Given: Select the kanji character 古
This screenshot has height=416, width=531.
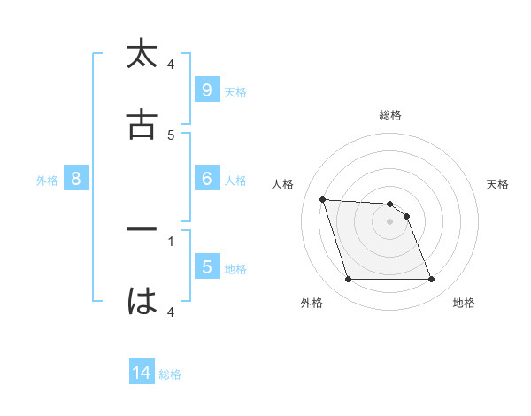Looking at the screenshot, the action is [x=142, y=125].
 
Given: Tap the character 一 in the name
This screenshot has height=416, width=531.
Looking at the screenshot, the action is [x=142, y=230].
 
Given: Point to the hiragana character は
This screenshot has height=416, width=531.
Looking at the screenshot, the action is [x=142, y=301].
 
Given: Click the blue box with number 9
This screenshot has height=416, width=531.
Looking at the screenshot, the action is [x=206, y=89].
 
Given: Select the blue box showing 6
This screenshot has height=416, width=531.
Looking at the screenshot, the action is [x=206, y=178].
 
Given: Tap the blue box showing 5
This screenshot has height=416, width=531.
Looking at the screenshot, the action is [x=206, y=266].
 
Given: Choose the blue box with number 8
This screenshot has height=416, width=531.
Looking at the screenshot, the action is [x=76, y=178].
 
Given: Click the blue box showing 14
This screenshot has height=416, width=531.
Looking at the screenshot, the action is [x=141, y=373].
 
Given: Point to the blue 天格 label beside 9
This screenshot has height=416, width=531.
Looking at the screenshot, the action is [x=235, y=92].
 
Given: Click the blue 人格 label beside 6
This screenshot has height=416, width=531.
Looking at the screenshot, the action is [x=235, y=181].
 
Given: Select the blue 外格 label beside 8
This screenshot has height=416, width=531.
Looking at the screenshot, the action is [x=47, y=181].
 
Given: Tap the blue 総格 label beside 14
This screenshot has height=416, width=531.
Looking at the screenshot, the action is [x=170, y=375].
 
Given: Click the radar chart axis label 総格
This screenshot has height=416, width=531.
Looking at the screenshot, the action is [x=390, y=115].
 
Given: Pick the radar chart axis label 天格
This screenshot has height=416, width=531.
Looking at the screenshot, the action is [x=498, y=184].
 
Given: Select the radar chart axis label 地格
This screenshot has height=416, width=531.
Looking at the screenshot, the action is [x=464, y=303].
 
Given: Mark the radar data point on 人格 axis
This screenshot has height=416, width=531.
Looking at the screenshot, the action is [x=323, y=199].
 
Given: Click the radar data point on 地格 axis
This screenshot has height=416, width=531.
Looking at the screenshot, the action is [x=432, y=280].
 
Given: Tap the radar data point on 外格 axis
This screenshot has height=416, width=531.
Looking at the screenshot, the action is [x=348, y=280].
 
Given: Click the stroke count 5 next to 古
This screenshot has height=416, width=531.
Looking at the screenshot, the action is [x=171, y=135].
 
